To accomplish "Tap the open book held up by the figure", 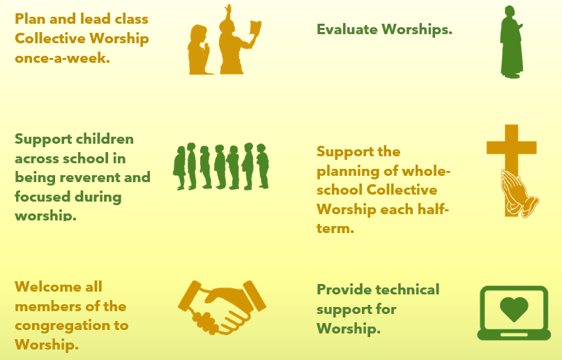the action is tap(256, 28).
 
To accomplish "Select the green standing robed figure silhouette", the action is tap(512, 42).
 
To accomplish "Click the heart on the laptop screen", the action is tap(514, 309).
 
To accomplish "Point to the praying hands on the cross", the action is tap(519, 194).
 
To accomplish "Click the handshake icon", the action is tap(222, 307).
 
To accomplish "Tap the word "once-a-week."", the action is tap(62, 58).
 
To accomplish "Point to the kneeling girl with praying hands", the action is tap(199, 50).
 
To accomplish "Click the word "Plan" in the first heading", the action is tap(30, 19).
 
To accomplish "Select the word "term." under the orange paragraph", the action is tap(335, 228).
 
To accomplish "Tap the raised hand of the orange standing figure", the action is tap(228, 9).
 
